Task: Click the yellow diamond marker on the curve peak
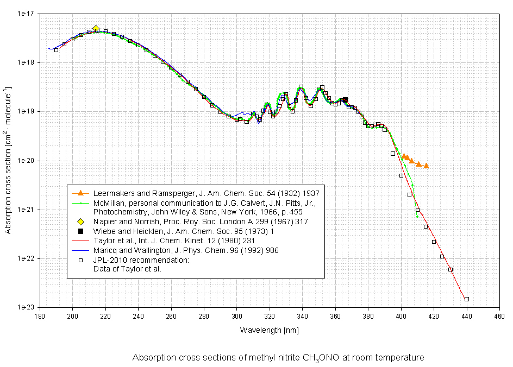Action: click(x=96, y=29)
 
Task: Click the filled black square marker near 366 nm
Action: click(x=345, y=99)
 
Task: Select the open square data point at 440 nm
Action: click(x=467, y=299)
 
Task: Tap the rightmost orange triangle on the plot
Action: click(x=427, y=166)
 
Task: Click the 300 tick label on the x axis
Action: click(x=237, y=317)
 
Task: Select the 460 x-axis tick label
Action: click(x=499, y=317)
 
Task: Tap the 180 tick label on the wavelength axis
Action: click(x=40, y=317)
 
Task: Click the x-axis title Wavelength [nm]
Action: click(x=270, y=330)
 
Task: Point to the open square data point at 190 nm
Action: click(x=56, y=50)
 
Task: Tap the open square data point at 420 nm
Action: click(x=434, y=242)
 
